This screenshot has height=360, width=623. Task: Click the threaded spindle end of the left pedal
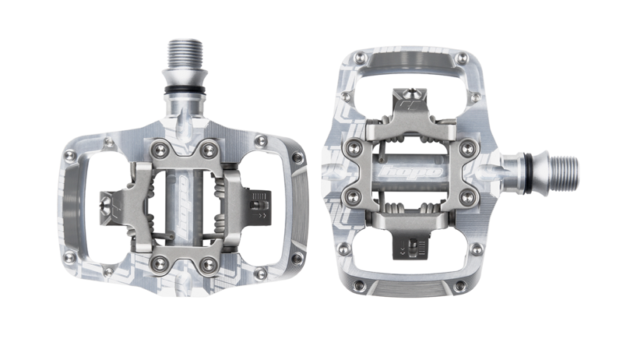tap(185, 58)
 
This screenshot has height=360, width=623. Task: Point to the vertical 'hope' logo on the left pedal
tap(184, 206)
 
